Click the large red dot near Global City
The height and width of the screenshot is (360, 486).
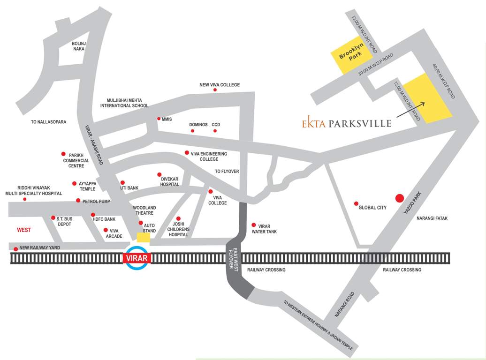coord(399,198)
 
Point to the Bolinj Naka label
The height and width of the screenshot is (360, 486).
coord(78,46)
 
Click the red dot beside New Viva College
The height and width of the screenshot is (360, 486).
coord(215,90)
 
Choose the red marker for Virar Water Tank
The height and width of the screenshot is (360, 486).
coord(254,225)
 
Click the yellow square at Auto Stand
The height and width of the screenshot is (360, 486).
coord(143,238)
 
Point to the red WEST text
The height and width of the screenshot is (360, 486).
coord(24,230)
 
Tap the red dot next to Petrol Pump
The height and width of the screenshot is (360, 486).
coord(78,201)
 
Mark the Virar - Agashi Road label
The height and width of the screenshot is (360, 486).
coord(94,145)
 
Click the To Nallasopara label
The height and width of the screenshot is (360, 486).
coord(49,122)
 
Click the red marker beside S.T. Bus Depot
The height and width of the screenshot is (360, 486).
coord(53,217)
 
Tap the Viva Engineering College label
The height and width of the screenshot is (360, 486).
coord(209,157)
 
